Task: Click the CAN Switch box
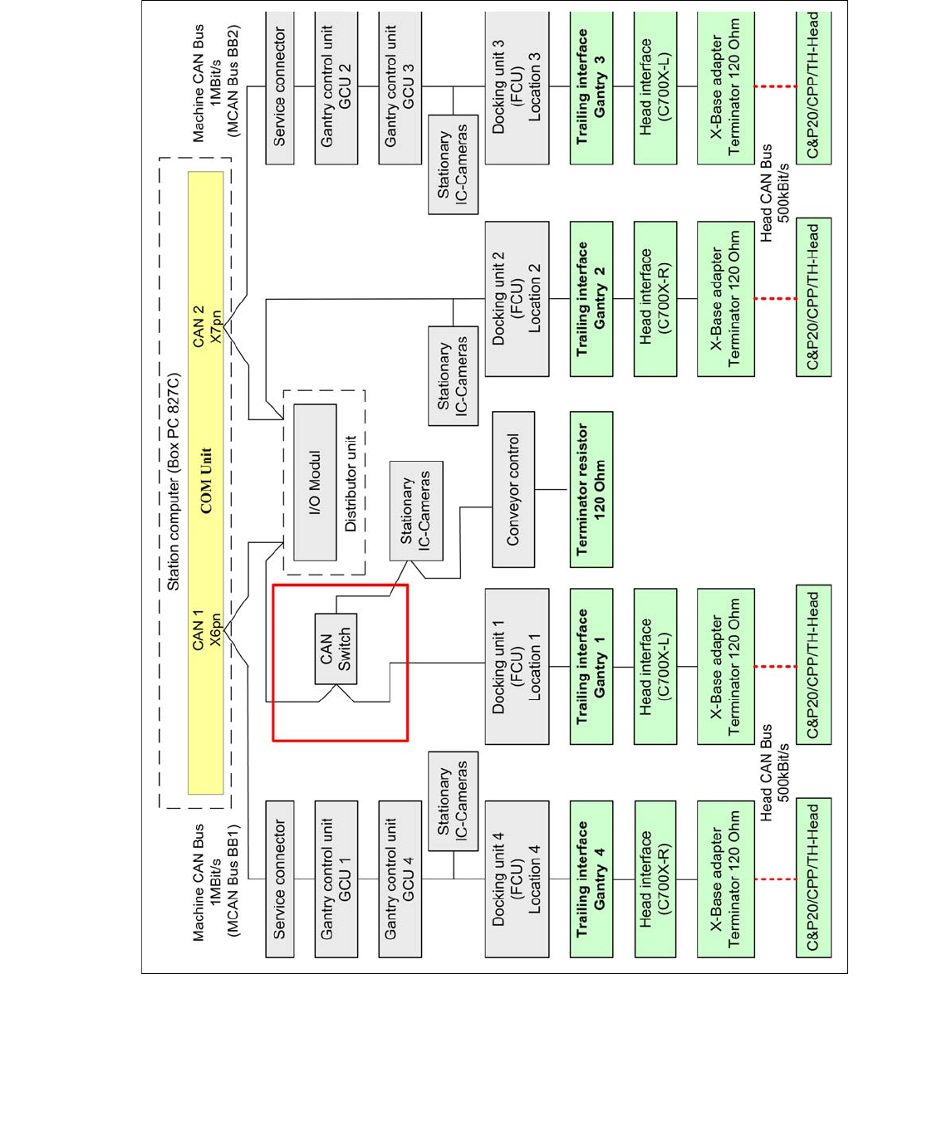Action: click(x=336, y=649)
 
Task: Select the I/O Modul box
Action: click(x=315, y=482)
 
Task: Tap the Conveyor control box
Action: click(x=513, y=489)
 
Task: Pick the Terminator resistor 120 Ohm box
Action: click(x=591, y=489)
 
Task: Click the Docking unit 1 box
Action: click(x=516, y=666)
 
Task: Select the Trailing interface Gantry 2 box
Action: click(x=591, y=298)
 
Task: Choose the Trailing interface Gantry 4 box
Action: click(x=591, y=879)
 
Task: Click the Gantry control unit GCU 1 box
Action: click(x=336, y=879)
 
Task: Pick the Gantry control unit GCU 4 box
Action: click(x=400, y=879)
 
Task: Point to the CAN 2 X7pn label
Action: click(x=206, y=326)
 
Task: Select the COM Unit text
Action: click(x=206, y=481)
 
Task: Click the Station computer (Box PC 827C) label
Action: click(x=173, y=482)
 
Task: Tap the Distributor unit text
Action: click(x=351, y=483)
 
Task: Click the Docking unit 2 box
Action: click(x=516, y=298)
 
